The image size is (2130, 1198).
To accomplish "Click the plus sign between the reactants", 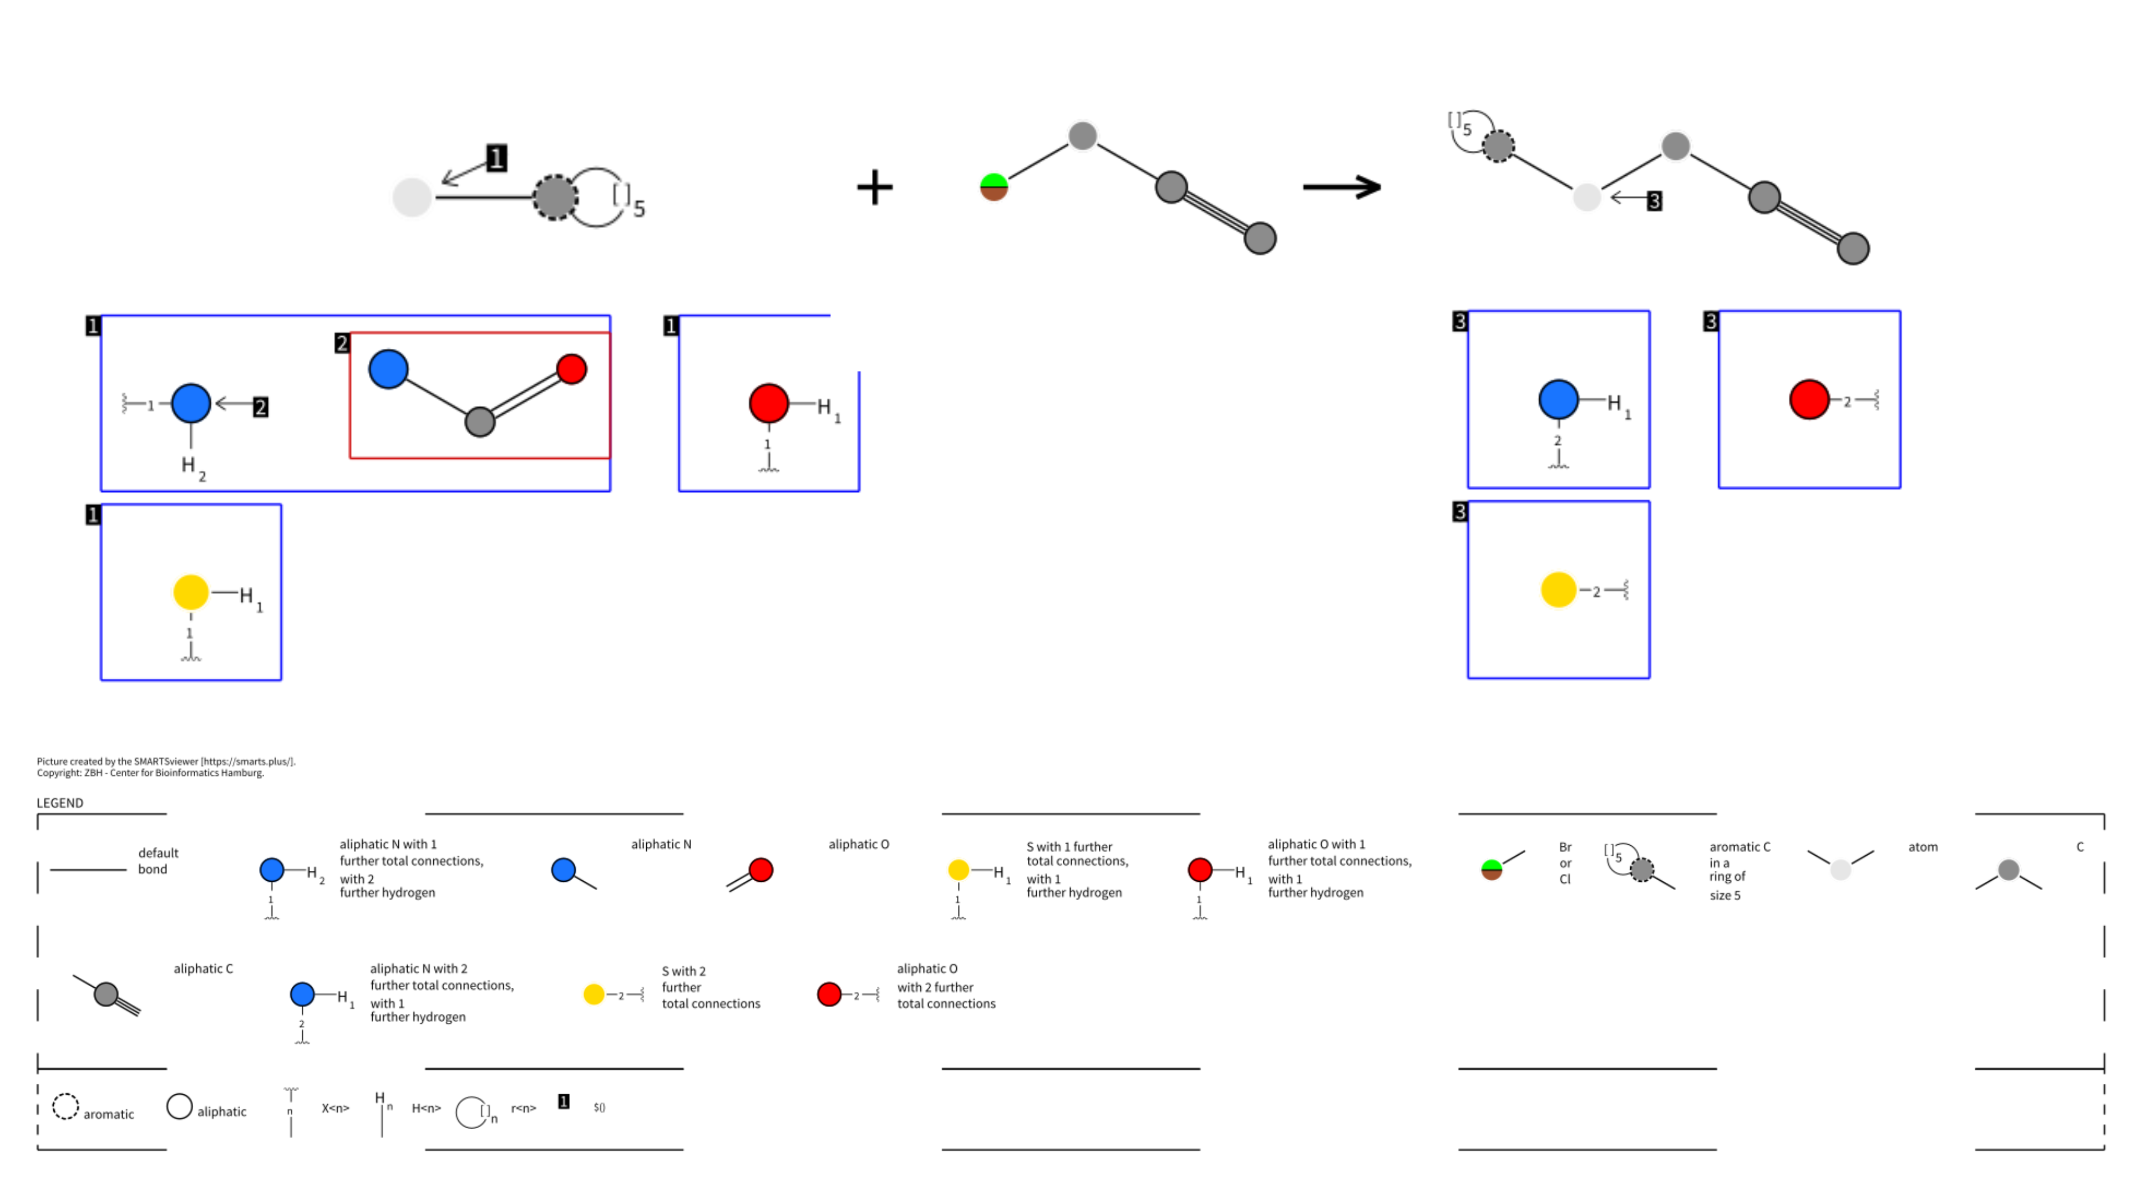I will click(x=874, y=187).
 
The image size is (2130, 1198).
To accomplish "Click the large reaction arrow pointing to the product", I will click(x=1341, y=187).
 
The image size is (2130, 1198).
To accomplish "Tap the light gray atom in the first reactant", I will click(x=412, y=197).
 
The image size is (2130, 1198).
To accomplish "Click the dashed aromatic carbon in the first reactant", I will click(x=555, y=197).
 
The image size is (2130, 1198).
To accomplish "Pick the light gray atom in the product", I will click(x=1586, y=197).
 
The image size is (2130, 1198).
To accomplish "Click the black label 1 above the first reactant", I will click(x=496, y=158).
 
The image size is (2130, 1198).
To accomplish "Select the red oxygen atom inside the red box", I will click(x=571, y=369).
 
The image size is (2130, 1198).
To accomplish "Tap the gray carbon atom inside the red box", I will click(x=480, y=422).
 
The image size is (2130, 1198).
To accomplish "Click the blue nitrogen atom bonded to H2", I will click(x=191, y=403).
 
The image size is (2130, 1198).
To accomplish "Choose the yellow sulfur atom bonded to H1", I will click(x=191, y=592).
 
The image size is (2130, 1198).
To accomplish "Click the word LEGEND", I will click(x=59, y=803).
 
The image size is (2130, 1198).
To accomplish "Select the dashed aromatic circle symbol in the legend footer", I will click(x=65, y=1106).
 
